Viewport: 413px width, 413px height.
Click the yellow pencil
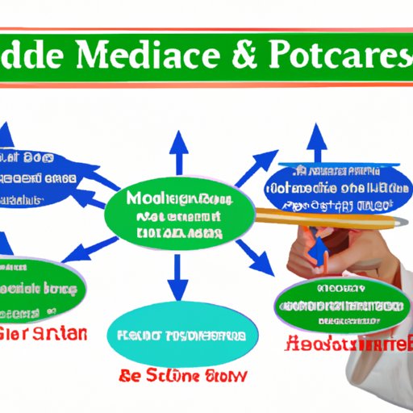(x=323, y=216)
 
